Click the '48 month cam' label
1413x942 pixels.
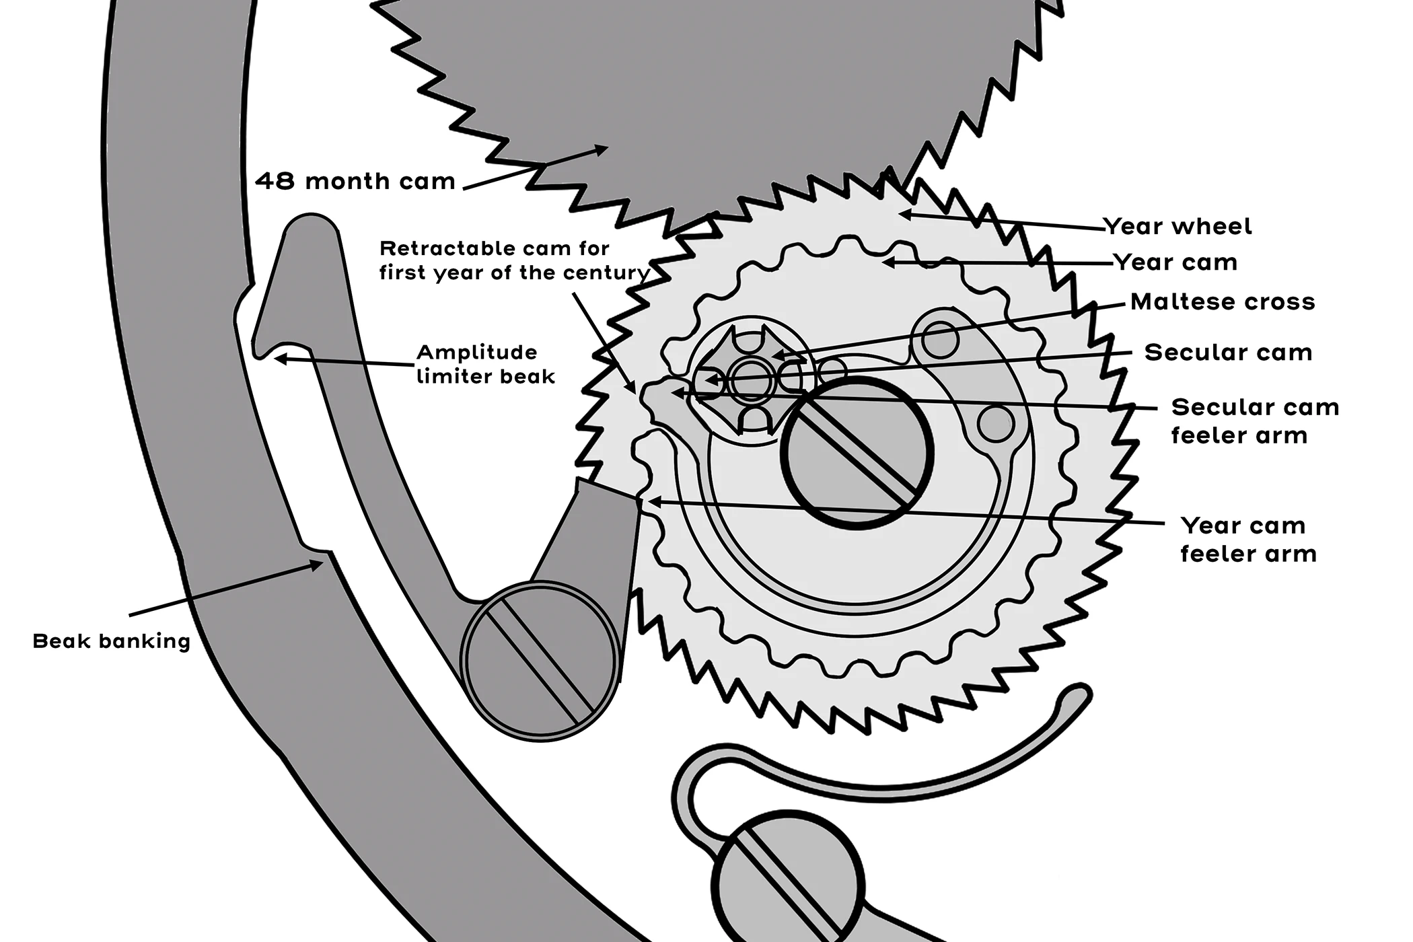point(355,181)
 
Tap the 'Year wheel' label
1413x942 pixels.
point(1177,226)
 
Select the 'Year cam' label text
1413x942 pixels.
point(1175,262)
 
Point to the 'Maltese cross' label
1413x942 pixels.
point(1222,301)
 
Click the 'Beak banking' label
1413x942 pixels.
point(112,641)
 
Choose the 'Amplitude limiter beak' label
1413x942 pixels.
point(485,364)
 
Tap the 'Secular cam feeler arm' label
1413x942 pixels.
point(1254,421)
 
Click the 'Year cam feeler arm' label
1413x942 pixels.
point(1248,539)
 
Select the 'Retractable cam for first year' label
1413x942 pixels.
point(513,260)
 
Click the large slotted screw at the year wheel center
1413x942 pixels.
point(856,452)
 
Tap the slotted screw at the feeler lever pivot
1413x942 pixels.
point(540,660)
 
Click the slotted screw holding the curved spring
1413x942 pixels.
point(787,879)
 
